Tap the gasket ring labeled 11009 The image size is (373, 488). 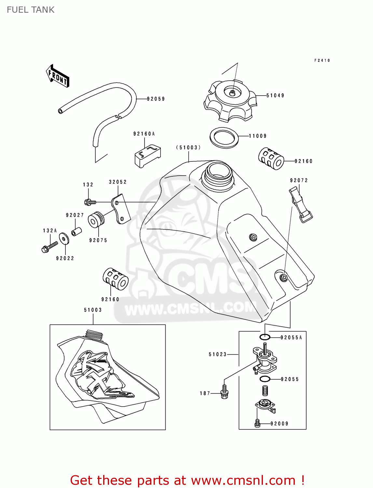coord(224,138)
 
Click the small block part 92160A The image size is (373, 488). coord(147,156)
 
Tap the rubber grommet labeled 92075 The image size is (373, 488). coord(95,220)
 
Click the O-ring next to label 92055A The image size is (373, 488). coord(265,337)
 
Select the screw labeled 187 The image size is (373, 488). coord(224,391)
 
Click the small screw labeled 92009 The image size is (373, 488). coord(257,423)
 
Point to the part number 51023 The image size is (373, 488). coord(217,354)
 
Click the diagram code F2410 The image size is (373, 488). coord(322,61)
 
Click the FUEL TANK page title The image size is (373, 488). coord(31,10)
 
